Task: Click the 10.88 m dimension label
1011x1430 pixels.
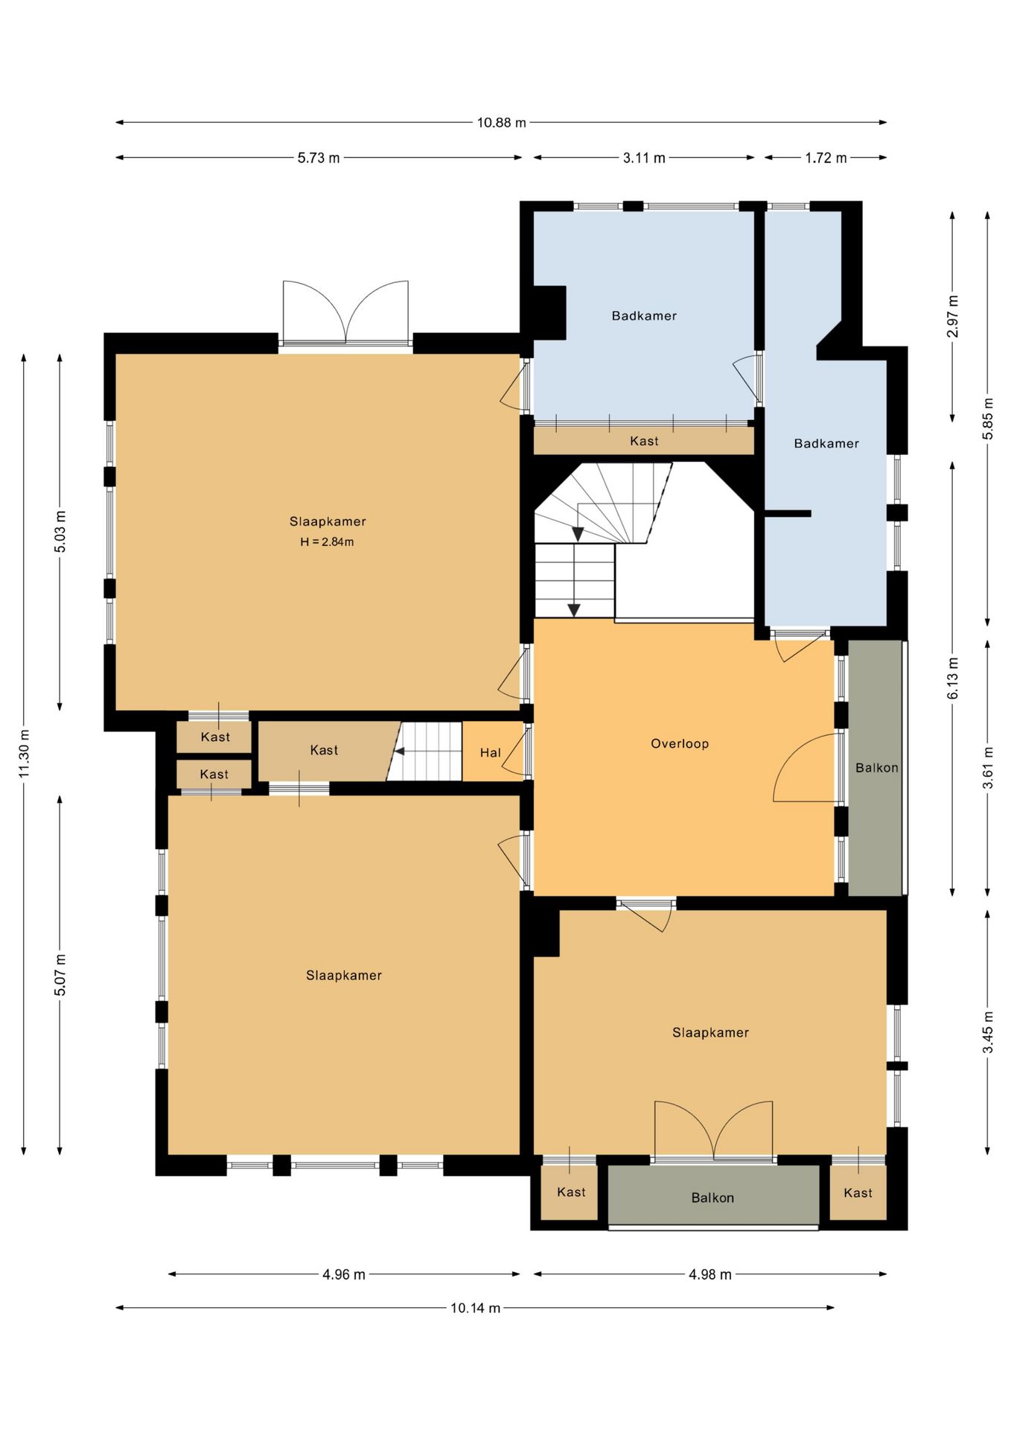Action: click(x=501, y=122)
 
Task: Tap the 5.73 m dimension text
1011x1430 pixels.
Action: click(x=319, y=157)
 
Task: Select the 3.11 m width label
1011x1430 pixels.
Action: click(x=644, y=157)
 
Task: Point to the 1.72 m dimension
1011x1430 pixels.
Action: click(x=826, y=157)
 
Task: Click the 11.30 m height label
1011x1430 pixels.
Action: click(x=24, y=754)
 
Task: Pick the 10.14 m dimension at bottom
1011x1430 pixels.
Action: click(x=475, y=1307)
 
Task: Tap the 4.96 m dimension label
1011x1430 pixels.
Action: click(x=344, y=1274)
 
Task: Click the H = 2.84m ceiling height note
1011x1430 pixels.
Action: click(x=327, y=542)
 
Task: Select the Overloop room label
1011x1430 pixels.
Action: click(x=680, y=743)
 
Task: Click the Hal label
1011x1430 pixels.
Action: click(x=490, y=753)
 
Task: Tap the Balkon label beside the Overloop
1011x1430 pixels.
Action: click(x=876, y=768)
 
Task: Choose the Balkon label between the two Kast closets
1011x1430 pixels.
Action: click(x=712, y=1198)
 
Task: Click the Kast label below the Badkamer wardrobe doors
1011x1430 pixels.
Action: click(x=644, y=441)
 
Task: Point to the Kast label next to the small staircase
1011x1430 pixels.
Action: click(x=324, y=750)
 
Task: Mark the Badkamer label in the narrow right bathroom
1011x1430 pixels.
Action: click(x=826, y=443)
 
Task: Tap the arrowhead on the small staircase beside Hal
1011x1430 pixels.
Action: click(x=399, y=751)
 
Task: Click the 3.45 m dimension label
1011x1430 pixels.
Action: click(x=988, y=1032)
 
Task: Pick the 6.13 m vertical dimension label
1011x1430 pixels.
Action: click(x=953, y=679)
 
